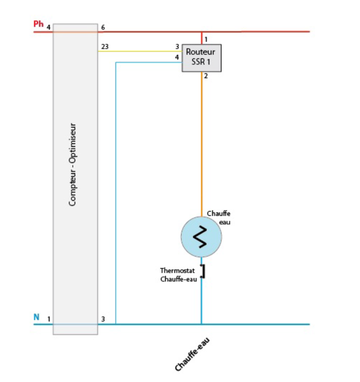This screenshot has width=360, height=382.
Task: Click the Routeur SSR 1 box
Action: [201, 58]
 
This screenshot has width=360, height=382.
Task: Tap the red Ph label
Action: [38, 23]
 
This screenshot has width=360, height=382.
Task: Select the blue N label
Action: [36, 317]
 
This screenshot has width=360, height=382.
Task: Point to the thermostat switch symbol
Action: [203, 271]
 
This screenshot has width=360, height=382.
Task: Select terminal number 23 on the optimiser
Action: [105, 46]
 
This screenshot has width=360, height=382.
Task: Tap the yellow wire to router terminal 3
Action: [140, 51]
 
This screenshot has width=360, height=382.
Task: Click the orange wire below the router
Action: [202, 140]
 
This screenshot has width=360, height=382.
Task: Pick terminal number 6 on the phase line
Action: [103, 28]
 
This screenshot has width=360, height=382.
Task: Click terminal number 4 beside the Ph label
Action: [48, 28]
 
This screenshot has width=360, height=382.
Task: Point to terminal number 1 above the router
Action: [206, 39]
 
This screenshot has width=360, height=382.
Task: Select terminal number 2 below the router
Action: [206, 76]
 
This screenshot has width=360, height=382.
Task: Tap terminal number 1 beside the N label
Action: [49, 319]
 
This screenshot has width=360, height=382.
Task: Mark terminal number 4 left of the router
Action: [177, 57]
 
